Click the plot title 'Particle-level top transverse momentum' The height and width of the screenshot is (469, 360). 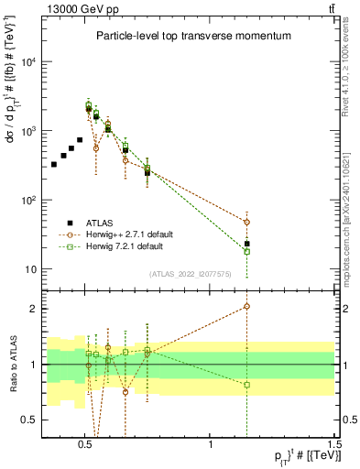(x=193, y=37)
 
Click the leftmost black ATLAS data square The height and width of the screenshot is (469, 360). (x=54, y=165)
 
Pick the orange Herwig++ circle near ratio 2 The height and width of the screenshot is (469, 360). (x=246, y=307)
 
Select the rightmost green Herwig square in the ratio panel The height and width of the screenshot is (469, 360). (x=246, y=385)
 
